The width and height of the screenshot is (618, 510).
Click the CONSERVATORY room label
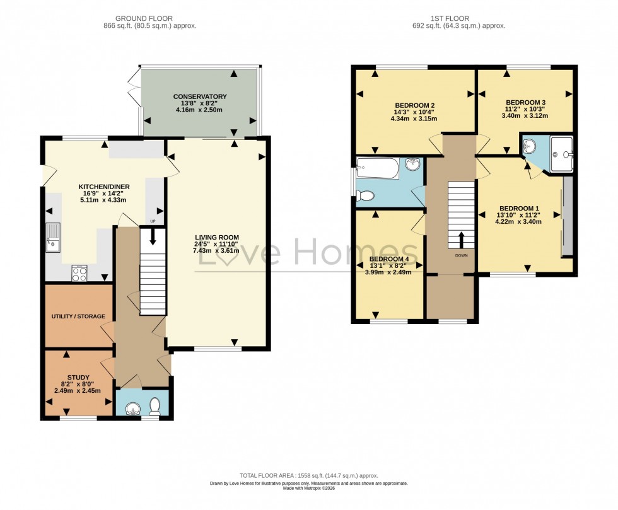(200, 96)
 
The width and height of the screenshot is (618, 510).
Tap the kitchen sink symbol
(53, 237)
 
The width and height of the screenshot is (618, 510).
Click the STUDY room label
(79, 377)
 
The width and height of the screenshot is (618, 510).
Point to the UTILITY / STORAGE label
(79, 316)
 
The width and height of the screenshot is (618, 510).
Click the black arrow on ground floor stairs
(152, 236)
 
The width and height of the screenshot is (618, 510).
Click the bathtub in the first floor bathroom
(377, 168)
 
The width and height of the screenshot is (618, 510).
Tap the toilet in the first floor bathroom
(366, 196)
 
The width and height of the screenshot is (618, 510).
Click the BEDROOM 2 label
(414, 105)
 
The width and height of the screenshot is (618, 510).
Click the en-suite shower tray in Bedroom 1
(561, 154)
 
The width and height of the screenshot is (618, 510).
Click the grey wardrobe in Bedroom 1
(568, 217)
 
